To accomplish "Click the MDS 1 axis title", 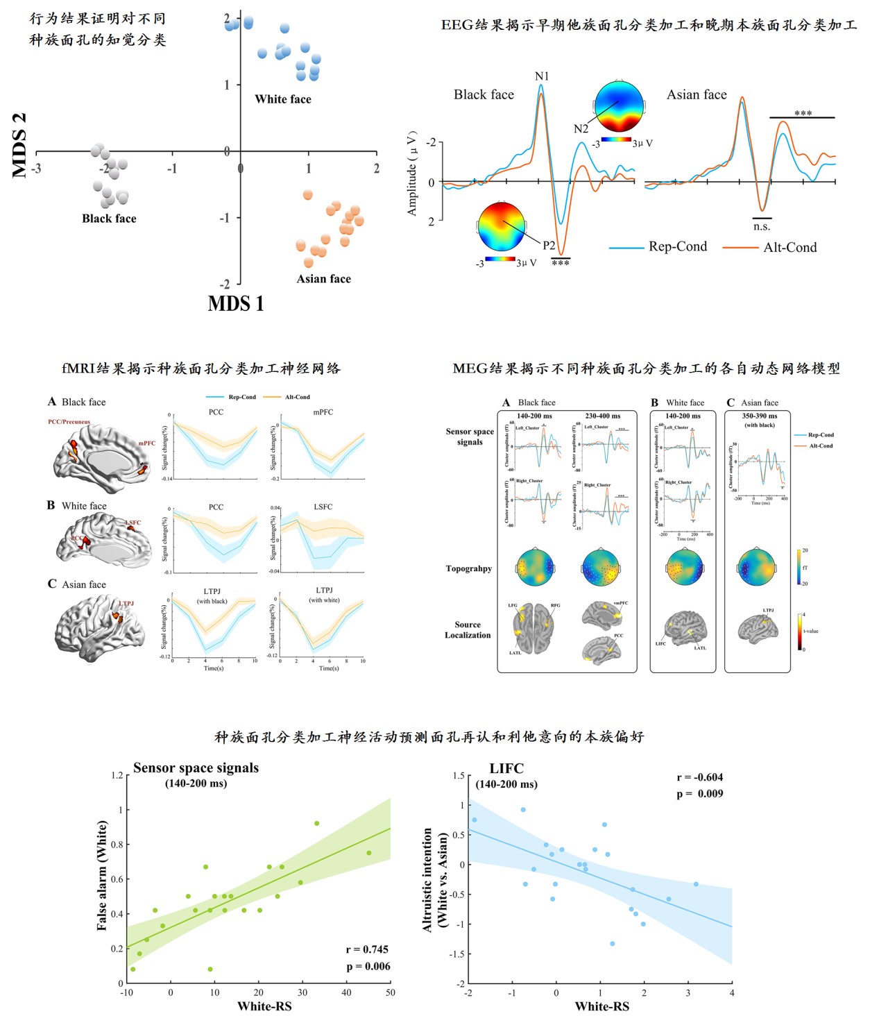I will (x=236, y=304).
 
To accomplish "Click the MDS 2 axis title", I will (x=19, y=145).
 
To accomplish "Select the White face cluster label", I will (x=283, y=99).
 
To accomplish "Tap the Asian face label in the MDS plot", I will (x=323, y=279).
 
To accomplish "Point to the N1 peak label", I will (x=542, y=76).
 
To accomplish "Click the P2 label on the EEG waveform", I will (x=549, y=245).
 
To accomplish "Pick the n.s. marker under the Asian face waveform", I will (x=762, y=227).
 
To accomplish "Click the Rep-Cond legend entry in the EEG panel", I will (x=677, y=247).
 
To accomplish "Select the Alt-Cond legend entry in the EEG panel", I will (x=790, y=248).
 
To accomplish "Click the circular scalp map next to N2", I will (x=620, y=106).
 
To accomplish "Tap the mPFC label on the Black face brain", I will (x=146, y=443).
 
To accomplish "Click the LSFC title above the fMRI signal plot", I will (x=323, y=507).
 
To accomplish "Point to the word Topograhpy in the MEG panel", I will (x=468, y=568).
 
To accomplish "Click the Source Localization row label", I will (x=467, y=629).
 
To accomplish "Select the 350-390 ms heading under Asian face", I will (x=760, y=416).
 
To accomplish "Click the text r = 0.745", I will (x=367, y=949).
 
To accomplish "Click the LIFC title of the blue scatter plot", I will (x=506, y=768).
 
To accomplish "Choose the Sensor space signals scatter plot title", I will (x=196, y=768).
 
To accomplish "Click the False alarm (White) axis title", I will (x=102, y=875).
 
